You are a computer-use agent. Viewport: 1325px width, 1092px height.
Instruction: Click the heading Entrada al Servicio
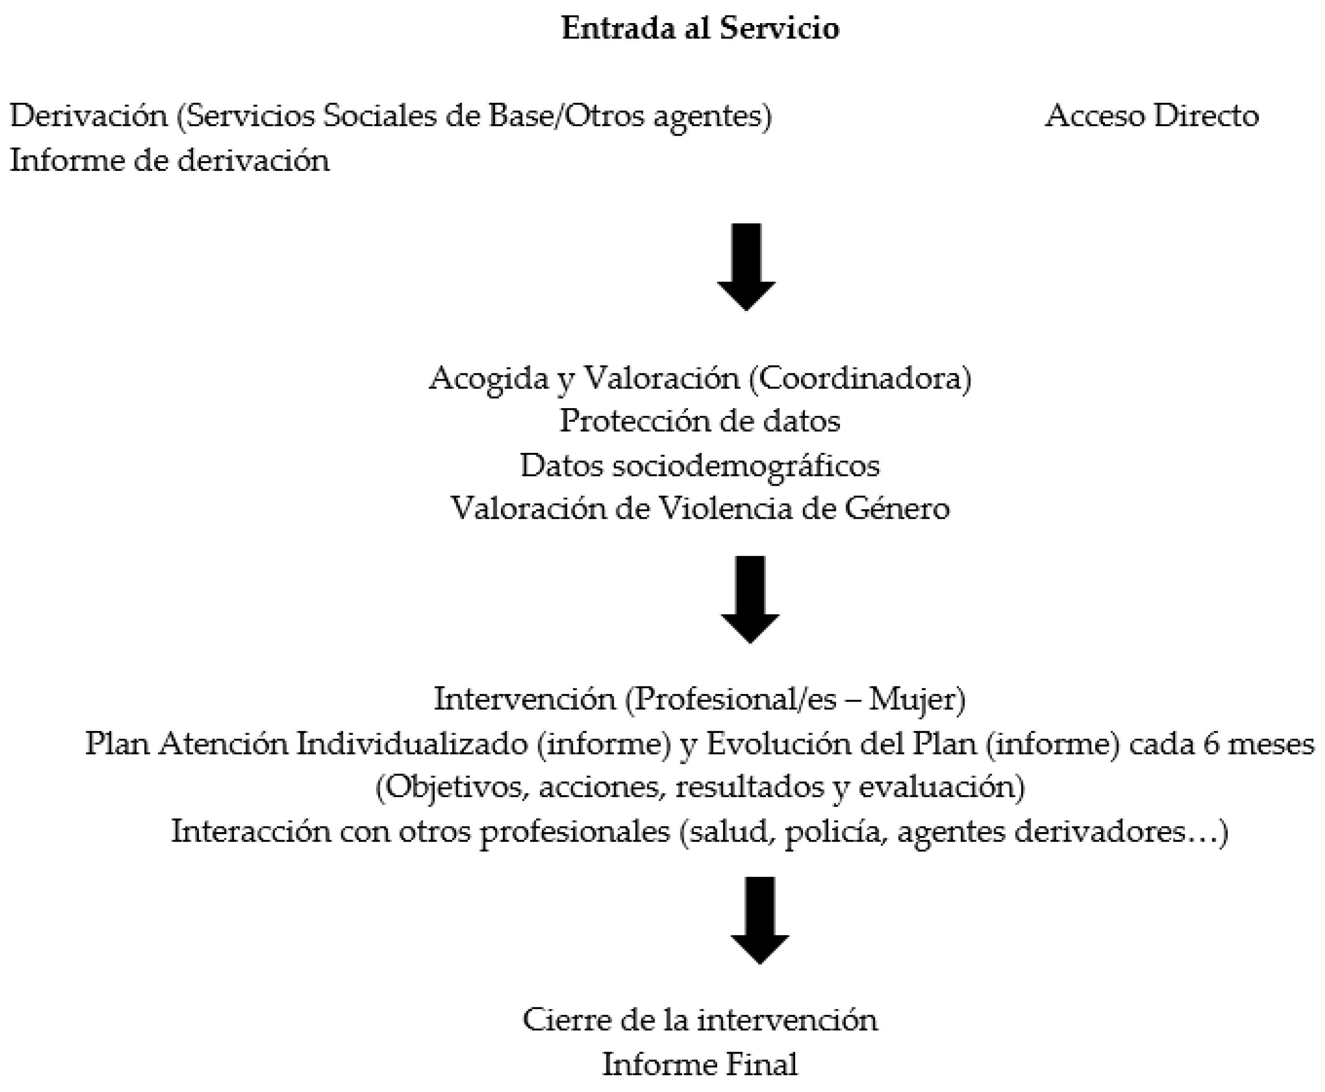[700, 28]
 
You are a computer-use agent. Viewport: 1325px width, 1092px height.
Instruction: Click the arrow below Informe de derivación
[746, 267]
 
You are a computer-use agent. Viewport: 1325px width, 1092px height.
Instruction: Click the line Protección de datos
[700, 421]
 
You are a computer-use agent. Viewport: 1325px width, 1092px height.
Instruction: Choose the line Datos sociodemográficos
[700, 465]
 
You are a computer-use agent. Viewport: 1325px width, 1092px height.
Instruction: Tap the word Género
[897, 508]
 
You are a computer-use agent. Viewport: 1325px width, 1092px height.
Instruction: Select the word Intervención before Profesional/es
[525, 699]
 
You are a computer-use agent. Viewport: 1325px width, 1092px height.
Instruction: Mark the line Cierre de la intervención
[700, 1020]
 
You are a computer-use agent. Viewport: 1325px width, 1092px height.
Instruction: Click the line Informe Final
[700, 1064]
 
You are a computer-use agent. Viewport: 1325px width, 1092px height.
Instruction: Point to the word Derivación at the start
[89, 116]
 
